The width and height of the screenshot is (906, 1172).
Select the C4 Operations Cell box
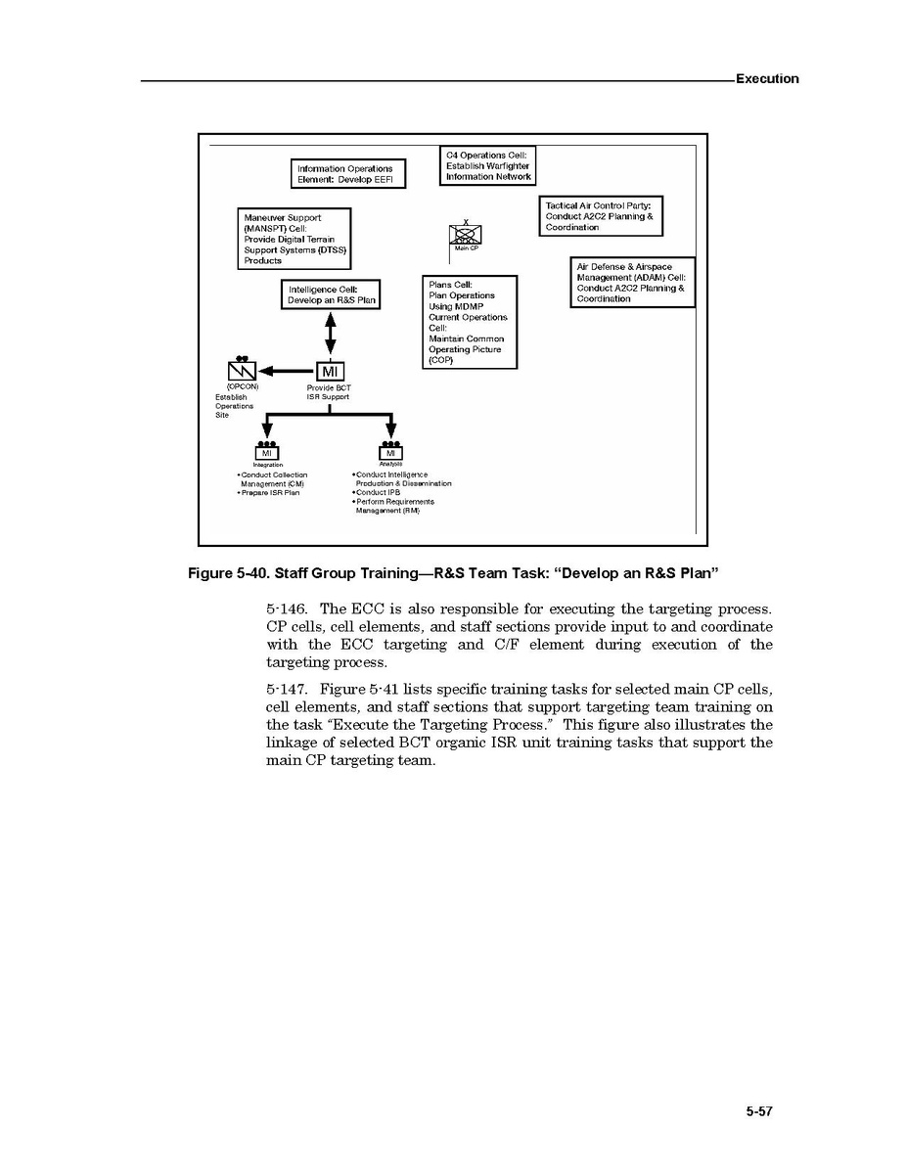coord(487,166)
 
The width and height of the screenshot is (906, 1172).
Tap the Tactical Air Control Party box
coord(601,216)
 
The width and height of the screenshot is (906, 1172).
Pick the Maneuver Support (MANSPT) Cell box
coord(294,239)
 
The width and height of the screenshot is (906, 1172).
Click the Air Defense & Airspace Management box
coord(632,283)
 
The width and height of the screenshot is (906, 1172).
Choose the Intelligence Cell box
coord(330,294)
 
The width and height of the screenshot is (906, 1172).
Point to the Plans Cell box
coord(469,322)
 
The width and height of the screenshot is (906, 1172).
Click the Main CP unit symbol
coord(465,235)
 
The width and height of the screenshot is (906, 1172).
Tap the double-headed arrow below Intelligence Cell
coord(331,335)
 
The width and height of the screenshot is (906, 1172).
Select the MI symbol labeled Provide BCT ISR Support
coord(330,372)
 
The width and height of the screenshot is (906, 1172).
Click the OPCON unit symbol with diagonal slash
coord(241,370)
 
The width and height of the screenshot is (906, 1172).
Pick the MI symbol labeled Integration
coord(266,452)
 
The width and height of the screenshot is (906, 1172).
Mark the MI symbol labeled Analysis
coord(390,452)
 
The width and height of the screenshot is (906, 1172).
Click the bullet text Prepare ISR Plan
coord(270,492)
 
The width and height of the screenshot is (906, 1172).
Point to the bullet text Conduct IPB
coord(378,492)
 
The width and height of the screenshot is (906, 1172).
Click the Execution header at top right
coord(766,79)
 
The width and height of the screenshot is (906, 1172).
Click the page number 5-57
coord(758,1111)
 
